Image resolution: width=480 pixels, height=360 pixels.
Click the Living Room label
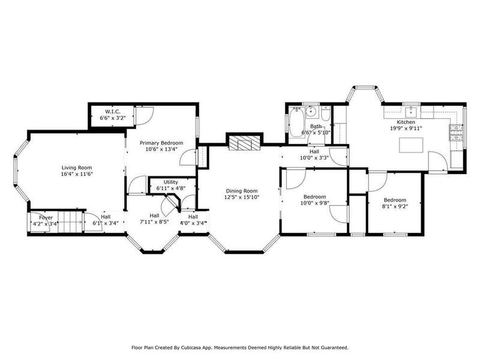pos(77,168)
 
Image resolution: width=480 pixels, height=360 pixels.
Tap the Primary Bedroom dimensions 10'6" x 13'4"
pos(161,149)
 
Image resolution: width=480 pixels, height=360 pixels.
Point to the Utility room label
pos(171,182)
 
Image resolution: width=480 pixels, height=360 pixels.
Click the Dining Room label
pos(242,191)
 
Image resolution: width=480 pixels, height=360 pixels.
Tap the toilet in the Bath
pos(326,113)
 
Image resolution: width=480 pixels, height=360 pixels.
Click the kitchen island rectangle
pos(411,145)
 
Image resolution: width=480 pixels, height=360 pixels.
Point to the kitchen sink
pos(410,112)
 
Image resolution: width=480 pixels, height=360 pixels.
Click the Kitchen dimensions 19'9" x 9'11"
pos(406,128)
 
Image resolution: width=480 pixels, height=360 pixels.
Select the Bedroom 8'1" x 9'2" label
pos(395,203)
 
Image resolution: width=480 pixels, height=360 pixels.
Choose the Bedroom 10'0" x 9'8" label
pos(314,200)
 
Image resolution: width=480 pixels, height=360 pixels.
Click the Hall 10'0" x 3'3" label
pos(314,155)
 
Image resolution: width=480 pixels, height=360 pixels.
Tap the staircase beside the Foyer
pos(70,221)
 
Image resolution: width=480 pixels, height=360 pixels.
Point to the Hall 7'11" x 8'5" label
pos(154,219)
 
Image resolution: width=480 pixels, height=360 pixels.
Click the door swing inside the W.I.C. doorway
pos(145,116)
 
